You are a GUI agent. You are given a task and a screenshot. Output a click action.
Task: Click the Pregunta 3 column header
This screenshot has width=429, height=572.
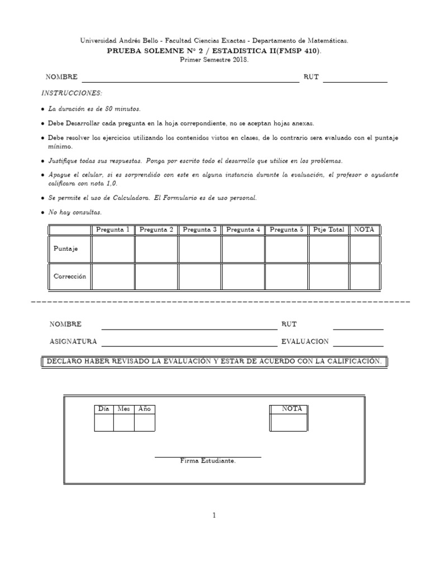click(199, 230)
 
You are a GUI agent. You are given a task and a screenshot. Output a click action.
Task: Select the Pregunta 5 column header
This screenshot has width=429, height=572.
click(286, 230)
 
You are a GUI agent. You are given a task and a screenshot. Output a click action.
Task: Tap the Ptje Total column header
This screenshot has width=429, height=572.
click(329, 230)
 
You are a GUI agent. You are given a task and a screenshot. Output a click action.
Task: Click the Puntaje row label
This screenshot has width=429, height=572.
click(65, 249)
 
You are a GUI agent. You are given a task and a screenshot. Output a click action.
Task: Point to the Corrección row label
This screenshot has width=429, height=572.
click(70, 277)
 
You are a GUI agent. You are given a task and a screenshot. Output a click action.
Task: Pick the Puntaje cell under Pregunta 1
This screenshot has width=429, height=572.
click(113, 249)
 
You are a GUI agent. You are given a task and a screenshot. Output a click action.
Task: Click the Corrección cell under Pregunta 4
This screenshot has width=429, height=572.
click(243, 277)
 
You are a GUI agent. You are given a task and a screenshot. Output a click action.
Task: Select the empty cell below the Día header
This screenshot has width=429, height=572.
click(104, 423)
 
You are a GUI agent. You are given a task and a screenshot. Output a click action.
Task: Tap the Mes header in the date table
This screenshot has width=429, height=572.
click(123, 409)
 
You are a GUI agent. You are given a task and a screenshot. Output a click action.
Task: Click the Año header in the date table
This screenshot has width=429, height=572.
click(144, 409)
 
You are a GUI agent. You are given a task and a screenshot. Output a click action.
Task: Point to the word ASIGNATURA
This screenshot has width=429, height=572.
click(73, 341)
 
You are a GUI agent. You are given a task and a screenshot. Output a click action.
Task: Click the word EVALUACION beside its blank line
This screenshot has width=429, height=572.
click(305, 341)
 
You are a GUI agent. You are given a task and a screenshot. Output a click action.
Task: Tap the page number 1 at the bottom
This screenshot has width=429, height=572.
click(214, 516)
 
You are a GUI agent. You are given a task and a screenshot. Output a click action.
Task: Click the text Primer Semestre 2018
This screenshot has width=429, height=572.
click(214, 59)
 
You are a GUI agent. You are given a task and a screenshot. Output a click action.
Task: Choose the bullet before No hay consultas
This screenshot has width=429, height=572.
click(44, 213)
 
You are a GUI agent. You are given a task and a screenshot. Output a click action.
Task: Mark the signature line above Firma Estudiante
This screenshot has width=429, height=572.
click(208, 457)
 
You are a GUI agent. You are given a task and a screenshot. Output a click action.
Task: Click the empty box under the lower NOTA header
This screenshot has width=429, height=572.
click(288, 422)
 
